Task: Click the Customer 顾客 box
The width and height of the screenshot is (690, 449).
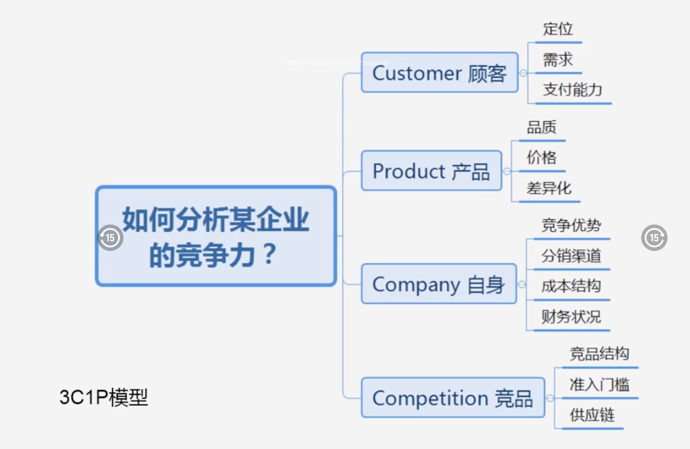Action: point(439,73)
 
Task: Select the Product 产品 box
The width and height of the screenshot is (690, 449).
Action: point(431,171)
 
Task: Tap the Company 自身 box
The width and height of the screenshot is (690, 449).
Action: point(439,284)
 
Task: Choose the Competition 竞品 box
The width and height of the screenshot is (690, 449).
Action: point(453,397)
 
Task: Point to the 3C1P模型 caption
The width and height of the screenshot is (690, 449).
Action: point(104,397)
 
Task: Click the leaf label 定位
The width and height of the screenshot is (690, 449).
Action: point(558,29)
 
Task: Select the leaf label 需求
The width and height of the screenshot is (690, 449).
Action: point(558,60)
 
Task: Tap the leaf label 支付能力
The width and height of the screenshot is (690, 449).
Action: point(573,90)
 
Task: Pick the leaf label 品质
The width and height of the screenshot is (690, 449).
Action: point(542,127)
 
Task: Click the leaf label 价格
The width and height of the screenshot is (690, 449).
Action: point(542,157)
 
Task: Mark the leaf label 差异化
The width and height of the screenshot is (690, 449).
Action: point(549,188)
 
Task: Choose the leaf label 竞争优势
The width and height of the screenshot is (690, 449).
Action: point(571,225)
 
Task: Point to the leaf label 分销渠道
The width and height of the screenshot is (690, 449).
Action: point(571,256)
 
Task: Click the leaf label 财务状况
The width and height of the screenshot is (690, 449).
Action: point(571,317)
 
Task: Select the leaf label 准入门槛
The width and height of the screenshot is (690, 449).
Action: point(600,385)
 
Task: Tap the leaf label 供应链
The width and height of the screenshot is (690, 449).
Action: point(592,415)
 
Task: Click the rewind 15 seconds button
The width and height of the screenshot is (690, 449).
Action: point(110,238)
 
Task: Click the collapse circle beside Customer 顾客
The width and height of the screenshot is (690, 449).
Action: point(523,73)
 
